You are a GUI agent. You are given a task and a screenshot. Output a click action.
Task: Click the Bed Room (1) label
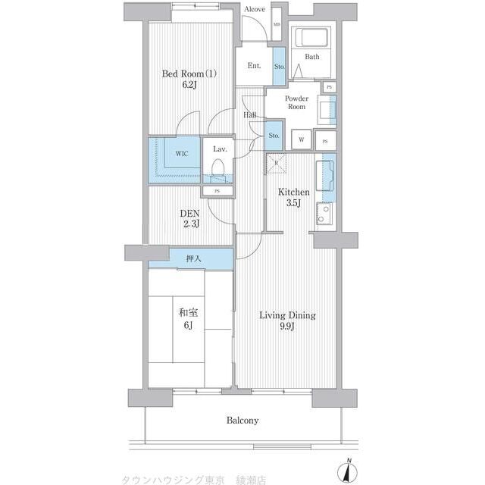[189, 80]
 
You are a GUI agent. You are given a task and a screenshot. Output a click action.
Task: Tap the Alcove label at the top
[255, 9]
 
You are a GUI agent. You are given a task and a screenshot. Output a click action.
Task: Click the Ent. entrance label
[254, 66]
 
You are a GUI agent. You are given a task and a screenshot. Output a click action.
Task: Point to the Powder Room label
[296, 103]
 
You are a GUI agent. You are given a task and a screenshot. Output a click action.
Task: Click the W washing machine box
[302, 139]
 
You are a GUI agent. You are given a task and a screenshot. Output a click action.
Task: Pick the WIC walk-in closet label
[182, 154]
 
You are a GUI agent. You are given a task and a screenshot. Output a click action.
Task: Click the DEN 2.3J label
[189, 219]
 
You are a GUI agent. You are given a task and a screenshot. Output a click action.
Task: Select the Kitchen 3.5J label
[293, 199]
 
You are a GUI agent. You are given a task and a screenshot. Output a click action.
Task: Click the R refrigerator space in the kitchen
[277, 162]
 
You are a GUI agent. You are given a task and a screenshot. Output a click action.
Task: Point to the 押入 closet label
[194, 259]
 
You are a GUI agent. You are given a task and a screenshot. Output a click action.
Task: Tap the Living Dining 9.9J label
[288, 321]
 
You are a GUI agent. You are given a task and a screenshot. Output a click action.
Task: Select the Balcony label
[242, 421]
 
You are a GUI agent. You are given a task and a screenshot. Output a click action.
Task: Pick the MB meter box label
[277, 24]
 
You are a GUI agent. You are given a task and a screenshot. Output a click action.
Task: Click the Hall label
[250, 115]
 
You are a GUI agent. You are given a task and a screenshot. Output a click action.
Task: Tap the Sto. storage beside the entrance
[279, 67]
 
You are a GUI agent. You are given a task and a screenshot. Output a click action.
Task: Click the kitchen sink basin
[329, 173]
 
